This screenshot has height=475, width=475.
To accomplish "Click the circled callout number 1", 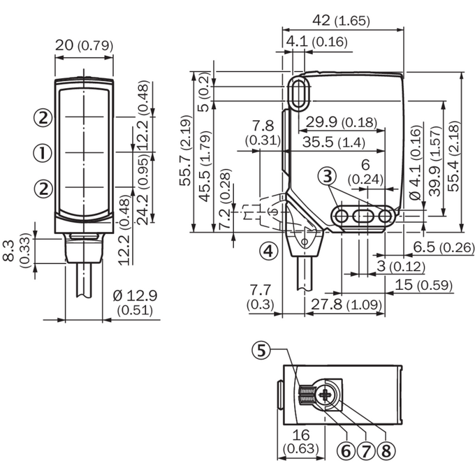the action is click(42, 153).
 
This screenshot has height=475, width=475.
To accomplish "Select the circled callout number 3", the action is click(328, 176).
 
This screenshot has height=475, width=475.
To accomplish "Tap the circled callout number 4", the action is click(269, 251).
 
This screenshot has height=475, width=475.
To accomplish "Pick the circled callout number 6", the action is click(346, 451).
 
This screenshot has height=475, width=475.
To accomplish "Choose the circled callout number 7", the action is click(366, 451).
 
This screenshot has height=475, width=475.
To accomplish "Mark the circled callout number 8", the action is click(386, 451).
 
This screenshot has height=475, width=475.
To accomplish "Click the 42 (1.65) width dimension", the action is click(341, 20).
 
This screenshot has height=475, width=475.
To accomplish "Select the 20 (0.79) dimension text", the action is click(84, 45).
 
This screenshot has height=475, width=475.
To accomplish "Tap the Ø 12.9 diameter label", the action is click(135, 295).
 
